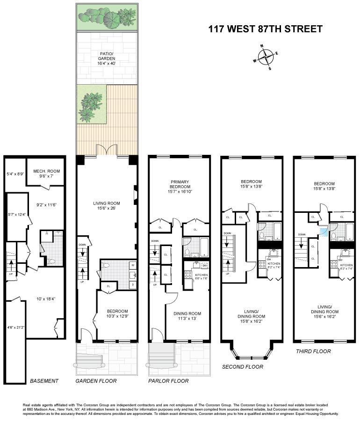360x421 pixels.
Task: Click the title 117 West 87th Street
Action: (x=265, y=29)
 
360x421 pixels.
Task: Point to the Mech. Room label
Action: (x=46, y=174)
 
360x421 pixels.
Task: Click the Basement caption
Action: (x=44, y=381)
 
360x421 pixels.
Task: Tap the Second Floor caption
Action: (x=242, y=367)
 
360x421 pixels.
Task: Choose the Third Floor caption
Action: (x=313, y=351)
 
